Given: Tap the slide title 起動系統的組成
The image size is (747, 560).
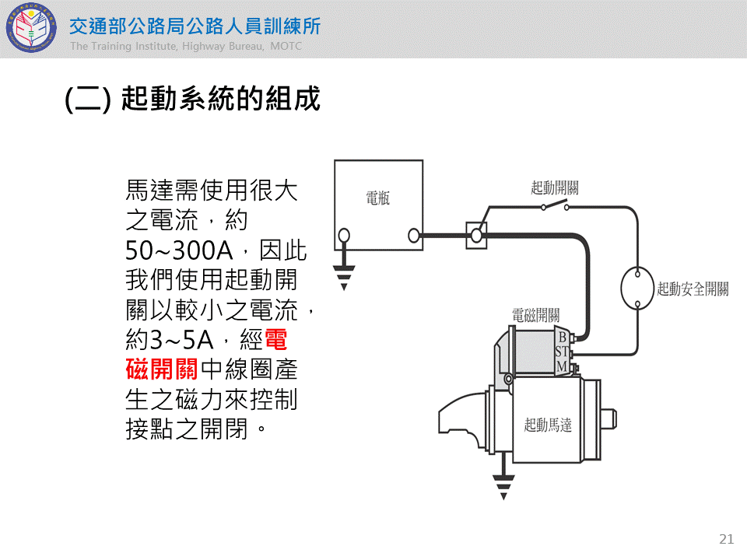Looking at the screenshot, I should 193,100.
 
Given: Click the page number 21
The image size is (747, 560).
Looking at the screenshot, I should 728,539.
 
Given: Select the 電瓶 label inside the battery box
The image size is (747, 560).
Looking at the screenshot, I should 378,198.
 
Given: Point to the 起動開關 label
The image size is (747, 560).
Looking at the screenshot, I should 555,187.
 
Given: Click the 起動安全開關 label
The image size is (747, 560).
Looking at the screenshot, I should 693,289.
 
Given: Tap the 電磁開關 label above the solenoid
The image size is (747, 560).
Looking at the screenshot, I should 535,315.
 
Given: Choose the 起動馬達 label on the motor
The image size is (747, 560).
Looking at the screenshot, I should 548,425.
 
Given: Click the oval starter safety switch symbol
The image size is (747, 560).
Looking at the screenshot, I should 637,289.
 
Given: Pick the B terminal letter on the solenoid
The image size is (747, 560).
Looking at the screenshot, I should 562,338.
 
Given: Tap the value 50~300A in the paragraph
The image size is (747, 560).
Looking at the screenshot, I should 181,250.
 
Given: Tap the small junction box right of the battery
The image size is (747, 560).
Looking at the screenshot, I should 476,235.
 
